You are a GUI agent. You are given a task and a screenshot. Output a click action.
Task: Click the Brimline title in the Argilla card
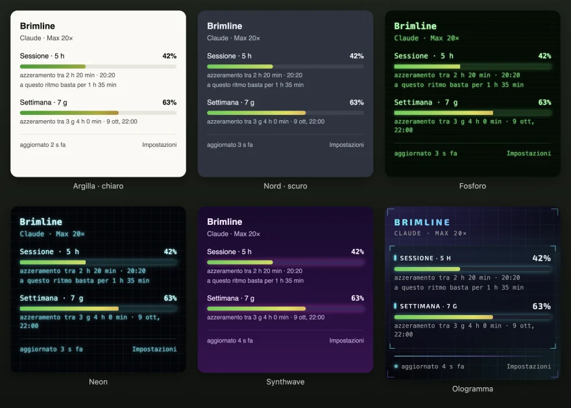pos(38,26)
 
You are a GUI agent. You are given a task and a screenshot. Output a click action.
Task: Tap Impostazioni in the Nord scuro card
pos(346,145)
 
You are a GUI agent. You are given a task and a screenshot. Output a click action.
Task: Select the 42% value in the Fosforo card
pos(544,56)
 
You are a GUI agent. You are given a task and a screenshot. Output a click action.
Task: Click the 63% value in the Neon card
pos(170,298)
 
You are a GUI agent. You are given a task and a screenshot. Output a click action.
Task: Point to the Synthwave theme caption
pos(285,382)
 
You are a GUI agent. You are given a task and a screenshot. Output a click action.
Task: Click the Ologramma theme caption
pos(472,389)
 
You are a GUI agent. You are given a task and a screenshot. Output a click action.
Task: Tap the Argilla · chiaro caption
pos(99,186)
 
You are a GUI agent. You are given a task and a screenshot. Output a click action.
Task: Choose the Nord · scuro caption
pos(285,186)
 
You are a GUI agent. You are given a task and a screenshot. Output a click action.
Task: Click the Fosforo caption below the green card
pos(472,186)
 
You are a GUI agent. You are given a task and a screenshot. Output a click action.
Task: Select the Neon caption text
pos(99,382)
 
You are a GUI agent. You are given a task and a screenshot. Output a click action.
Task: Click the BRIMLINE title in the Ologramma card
pos(422,222)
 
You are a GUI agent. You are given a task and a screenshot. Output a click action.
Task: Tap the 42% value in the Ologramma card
pos(541,258)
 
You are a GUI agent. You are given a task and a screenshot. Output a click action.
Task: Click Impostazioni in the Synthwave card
pos(346,340)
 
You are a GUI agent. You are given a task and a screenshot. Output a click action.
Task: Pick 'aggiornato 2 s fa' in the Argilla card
pos(43,145)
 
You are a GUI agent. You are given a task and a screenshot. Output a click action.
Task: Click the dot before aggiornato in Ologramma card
pos(396,366)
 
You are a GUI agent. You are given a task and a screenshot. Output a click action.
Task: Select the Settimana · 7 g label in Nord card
pos(230,103)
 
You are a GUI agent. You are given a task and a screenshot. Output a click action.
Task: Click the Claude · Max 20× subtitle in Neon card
pos(52,234)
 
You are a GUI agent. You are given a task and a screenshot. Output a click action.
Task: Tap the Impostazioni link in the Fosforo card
pos(529,153)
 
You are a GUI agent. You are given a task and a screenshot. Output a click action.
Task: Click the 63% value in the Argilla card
pos(169,103)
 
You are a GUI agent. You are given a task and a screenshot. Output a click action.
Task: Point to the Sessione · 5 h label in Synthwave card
pos(229,251)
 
